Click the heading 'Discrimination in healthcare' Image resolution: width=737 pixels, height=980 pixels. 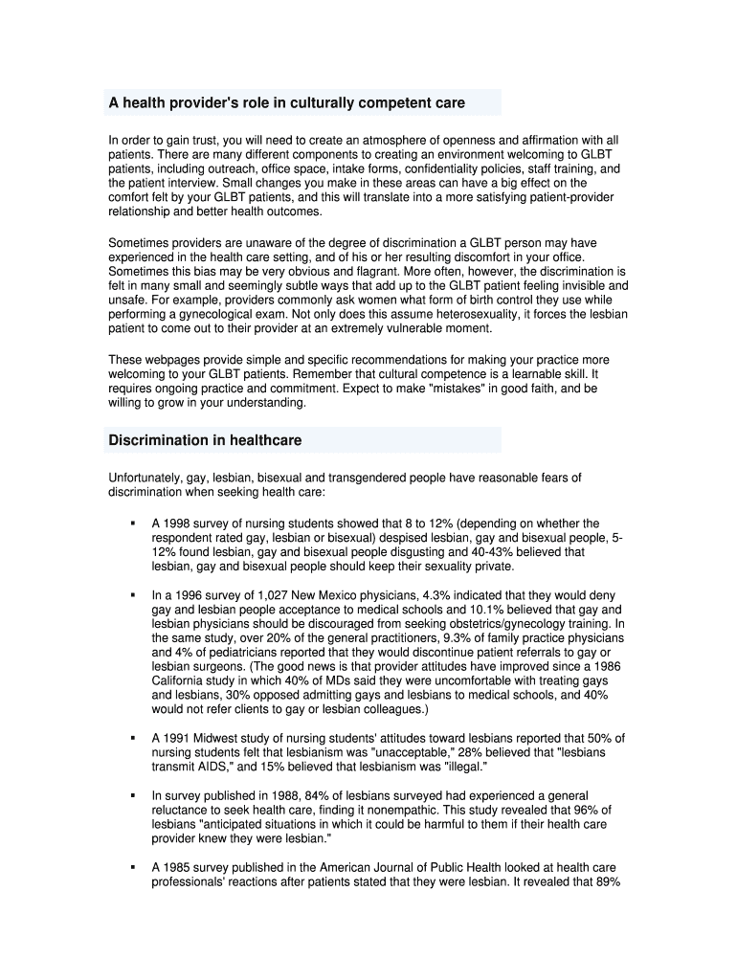205,440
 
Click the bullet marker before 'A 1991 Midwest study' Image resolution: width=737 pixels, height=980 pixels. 131,739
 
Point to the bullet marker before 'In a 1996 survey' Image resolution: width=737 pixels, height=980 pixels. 131,595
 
